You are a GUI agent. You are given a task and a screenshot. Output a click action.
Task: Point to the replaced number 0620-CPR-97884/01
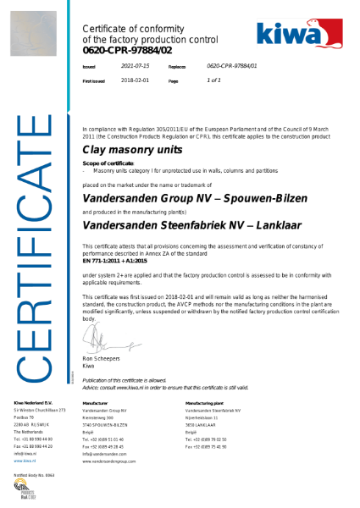(x=231, y=65)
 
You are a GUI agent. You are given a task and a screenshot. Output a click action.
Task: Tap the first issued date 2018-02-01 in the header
(x=135, y=80)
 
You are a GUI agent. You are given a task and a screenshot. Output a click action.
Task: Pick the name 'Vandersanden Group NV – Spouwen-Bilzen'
(x=174, y=195)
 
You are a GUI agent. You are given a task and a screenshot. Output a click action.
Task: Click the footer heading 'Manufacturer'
(x=95, y=403)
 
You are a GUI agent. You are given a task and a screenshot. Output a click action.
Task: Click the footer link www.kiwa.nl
(x=25, y=461)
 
